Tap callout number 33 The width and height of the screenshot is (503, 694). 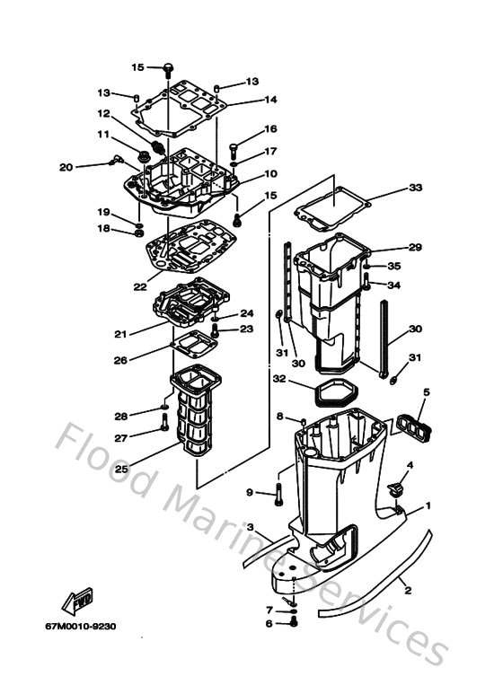click(414, 188)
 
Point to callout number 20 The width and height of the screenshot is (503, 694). click(66, 167)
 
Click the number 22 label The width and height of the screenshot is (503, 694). click(139, 286)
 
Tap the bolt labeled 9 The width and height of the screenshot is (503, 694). click(279, 493)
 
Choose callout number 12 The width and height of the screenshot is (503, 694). click(104, 114)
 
